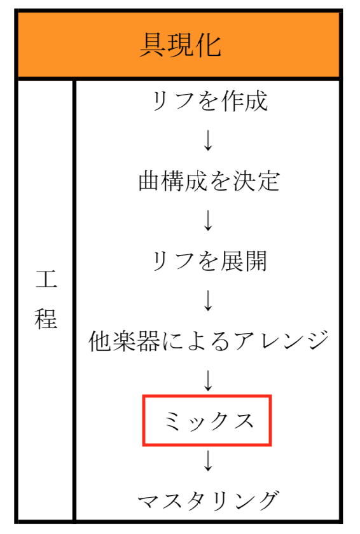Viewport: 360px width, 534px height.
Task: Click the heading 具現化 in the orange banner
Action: click(x=181, y=45)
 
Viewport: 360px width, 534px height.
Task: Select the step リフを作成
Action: click(x=209, y=101)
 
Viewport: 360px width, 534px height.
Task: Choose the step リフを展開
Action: click(x=209, y=261)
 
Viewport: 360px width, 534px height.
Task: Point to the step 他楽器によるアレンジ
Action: click(x=209, y=341)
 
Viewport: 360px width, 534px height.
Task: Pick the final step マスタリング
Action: click(x=209, y=501)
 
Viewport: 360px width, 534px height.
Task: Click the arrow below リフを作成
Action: click(x=208, y=140)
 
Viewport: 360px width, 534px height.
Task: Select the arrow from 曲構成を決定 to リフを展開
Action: click(x=208, y=221)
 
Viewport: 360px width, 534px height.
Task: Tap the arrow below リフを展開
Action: click(x=208, y=300)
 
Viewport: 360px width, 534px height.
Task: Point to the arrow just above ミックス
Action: click(x=208, y=380)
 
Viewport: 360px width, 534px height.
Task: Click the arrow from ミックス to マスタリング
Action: click(x=208, y=460)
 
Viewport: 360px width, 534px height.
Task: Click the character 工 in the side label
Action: click(x=46, y=279)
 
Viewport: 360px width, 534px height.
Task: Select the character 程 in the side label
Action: click(x=46, y=318)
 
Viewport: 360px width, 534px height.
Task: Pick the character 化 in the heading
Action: click(x=209, y=45)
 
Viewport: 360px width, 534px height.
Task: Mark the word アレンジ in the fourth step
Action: click(x=282, y=341)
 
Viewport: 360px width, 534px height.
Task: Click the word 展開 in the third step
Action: click(x=244, y=261)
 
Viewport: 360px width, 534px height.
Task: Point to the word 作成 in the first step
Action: click(x=244, y=101)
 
